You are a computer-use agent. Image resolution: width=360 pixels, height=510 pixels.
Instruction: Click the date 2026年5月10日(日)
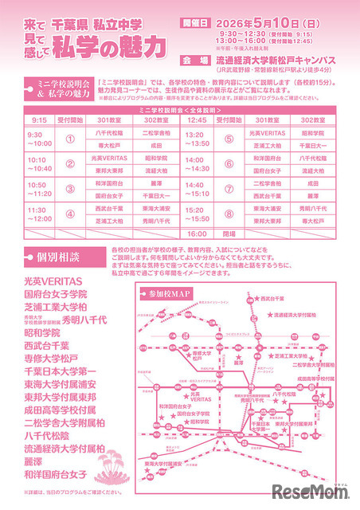click(x=271, y=22)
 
